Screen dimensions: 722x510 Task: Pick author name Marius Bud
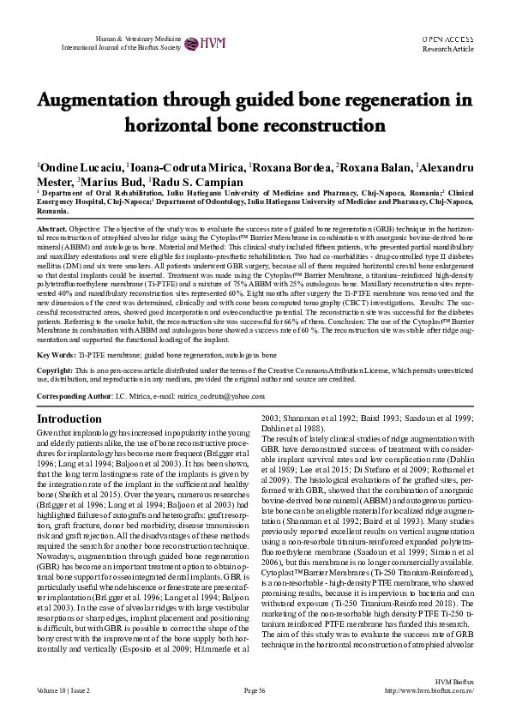point(112,182)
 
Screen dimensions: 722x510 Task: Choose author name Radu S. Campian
point(198,182)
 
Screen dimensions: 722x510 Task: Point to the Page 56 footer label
point(255,713)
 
